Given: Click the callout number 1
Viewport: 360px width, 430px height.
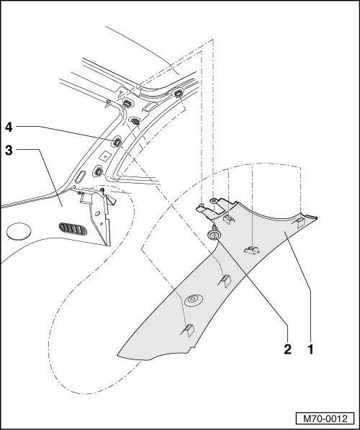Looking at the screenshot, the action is [x=310, y=349].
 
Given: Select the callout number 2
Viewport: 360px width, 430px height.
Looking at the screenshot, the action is [x=287, y=349].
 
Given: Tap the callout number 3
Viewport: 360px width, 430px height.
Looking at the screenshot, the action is [x=9, y=151].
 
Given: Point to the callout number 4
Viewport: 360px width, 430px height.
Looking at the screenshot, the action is [x=9, y=127].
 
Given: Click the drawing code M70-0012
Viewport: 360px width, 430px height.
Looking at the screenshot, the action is [x=325, y=418].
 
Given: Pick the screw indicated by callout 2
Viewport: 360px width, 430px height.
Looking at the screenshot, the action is [x=213, y=233].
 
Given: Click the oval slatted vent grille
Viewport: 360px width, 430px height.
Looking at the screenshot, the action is [x=73, y=229].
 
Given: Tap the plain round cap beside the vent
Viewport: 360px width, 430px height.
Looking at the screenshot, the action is [x=19, y=231].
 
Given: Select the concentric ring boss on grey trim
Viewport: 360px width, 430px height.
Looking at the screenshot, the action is [x=193, y=300].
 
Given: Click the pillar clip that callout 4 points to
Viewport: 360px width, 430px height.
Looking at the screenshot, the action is [x=117, y=142].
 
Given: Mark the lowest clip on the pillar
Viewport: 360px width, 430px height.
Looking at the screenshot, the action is [x=98, y=171].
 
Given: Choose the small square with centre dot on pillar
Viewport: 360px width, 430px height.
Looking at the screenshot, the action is [x=104, y=156].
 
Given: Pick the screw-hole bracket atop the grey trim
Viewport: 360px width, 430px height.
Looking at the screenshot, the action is [x=215, y=205].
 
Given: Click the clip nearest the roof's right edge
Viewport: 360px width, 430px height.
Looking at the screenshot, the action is [x=178, y=94].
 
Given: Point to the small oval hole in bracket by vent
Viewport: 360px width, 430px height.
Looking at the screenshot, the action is [x=97, y=213].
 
